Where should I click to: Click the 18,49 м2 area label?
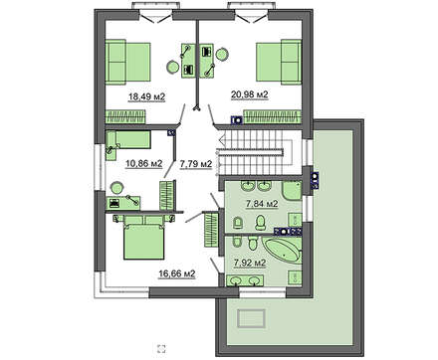146,96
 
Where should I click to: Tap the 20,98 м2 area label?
250,94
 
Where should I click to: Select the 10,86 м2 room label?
143,163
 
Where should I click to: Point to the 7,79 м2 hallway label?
196,164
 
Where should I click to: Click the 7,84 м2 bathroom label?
262,204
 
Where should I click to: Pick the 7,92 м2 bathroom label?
250,263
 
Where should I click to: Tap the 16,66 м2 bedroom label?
177,273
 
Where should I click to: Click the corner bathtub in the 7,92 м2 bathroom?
283,251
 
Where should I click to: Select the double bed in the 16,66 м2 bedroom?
144,237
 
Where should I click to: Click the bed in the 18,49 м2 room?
127,62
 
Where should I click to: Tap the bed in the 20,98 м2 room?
279,62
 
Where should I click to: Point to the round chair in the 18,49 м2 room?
173,67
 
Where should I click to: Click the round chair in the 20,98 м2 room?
222,55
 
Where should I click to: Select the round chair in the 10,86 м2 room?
116,188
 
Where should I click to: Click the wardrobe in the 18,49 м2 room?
125,116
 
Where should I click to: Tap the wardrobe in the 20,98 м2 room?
272,116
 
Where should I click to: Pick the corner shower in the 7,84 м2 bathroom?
292,190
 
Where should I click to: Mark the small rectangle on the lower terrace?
251,318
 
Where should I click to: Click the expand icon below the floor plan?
161,348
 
